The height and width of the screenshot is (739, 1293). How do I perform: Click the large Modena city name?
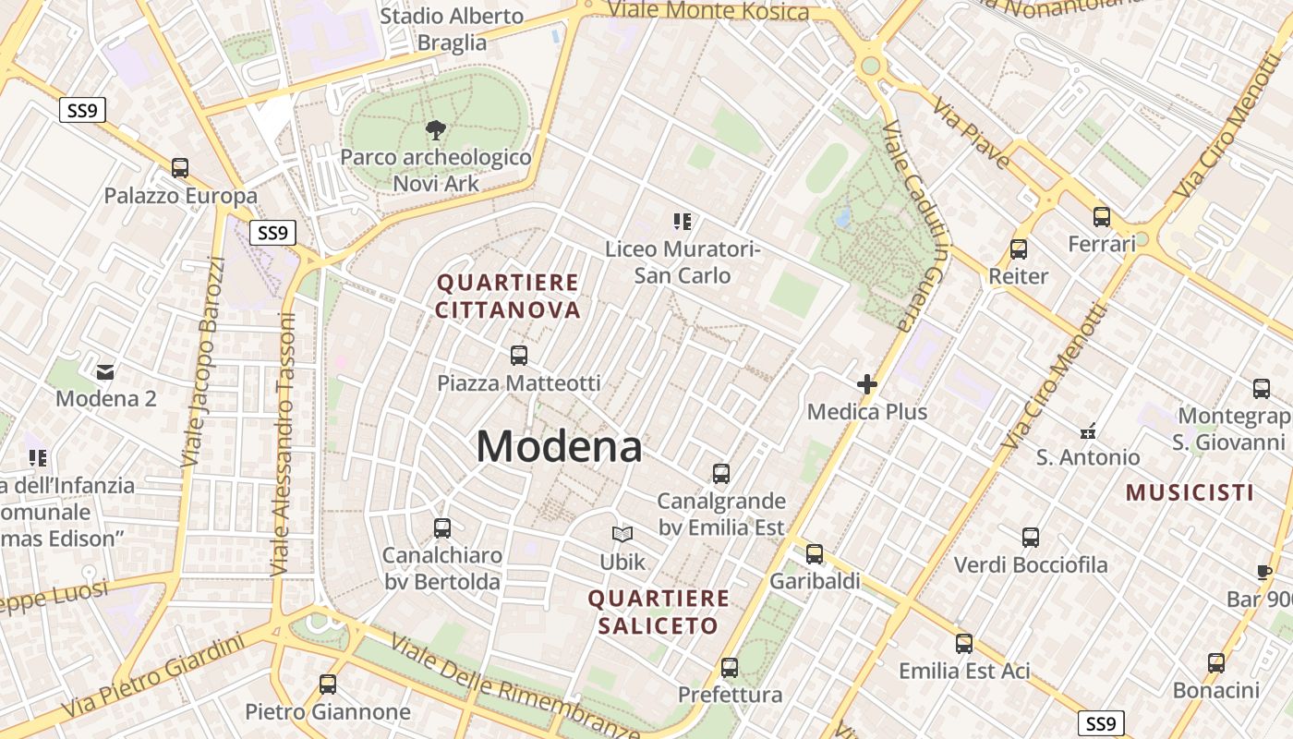pos(559,447)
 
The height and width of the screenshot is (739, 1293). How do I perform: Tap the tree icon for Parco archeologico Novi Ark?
pos(435,130)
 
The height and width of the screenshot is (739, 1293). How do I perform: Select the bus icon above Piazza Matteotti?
pos(519,356)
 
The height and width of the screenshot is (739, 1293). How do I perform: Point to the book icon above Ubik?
pos(622,534)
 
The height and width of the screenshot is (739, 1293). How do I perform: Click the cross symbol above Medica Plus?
pos(867,383)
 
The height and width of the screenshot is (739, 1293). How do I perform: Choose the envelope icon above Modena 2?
pos(105,371)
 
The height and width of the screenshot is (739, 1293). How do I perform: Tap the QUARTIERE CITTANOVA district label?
pos(508,296)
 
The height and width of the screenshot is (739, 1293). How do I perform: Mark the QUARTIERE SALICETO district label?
pos(659,612)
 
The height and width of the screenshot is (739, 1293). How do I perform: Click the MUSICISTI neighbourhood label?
pos(1190,492)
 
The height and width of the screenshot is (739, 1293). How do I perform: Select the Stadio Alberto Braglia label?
pos(452,29)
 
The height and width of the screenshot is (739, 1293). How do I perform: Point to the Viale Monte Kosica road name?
pos(708,11)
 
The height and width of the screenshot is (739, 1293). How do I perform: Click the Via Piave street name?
pos(972,133)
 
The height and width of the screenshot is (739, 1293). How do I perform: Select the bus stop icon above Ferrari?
pos(1102,217)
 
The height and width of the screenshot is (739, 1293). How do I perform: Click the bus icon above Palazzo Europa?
pos(180,168)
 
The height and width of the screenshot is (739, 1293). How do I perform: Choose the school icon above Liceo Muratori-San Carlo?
pos(683,222)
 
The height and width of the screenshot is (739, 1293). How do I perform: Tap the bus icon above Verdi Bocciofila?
pos(1031,537)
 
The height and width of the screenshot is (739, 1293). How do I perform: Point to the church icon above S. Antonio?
pos(1088,430)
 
